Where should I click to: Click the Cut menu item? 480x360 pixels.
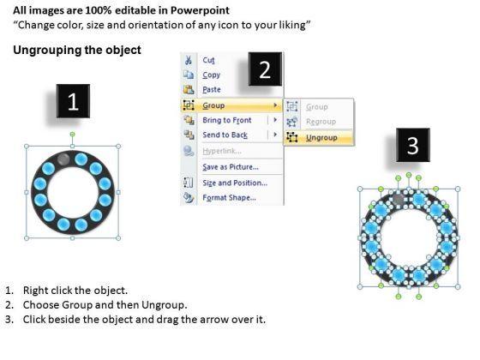pos(208,60)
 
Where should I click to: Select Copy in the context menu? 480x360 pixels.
pos(211,75)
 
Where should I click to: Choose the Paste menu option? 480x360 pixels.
pos(212,90)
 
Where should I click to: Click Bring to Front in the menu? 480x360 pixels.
pos(227,120)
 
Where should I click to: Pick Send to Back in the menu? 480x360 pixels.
pos(225,135)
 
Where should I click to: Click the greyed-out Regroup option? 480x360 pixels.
pos(321,122)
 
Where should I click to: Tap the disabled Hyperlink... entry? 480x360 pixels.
pos(222,151)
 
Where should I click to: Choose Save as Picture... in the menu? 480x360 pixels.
pos(231,167)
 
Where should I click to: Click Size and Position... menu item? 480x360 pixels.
pos(235,183)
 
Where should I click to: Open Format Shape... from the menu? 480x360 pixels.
pos(230,198)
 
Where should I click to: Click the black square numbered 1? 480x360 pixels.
pos(73,101)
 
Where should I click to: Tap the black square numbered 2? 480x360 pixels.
pos(265,69)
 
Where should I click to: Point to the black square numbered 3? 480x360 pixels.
pos(412,145)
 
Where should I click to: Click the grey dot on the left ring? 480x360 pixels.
pos(63,159)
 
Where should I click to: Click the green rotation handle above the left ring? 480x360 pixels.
pos(72,134)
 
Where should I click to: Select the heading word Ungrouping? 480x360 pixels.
pos(46,51)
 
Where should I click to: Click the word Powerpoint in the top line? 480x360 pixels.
pos(200,10)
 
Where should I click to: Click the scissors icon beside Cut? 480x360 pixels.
pos(189,60)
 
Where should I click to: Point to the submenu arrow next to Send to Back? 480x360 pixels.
pos(275,135)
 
